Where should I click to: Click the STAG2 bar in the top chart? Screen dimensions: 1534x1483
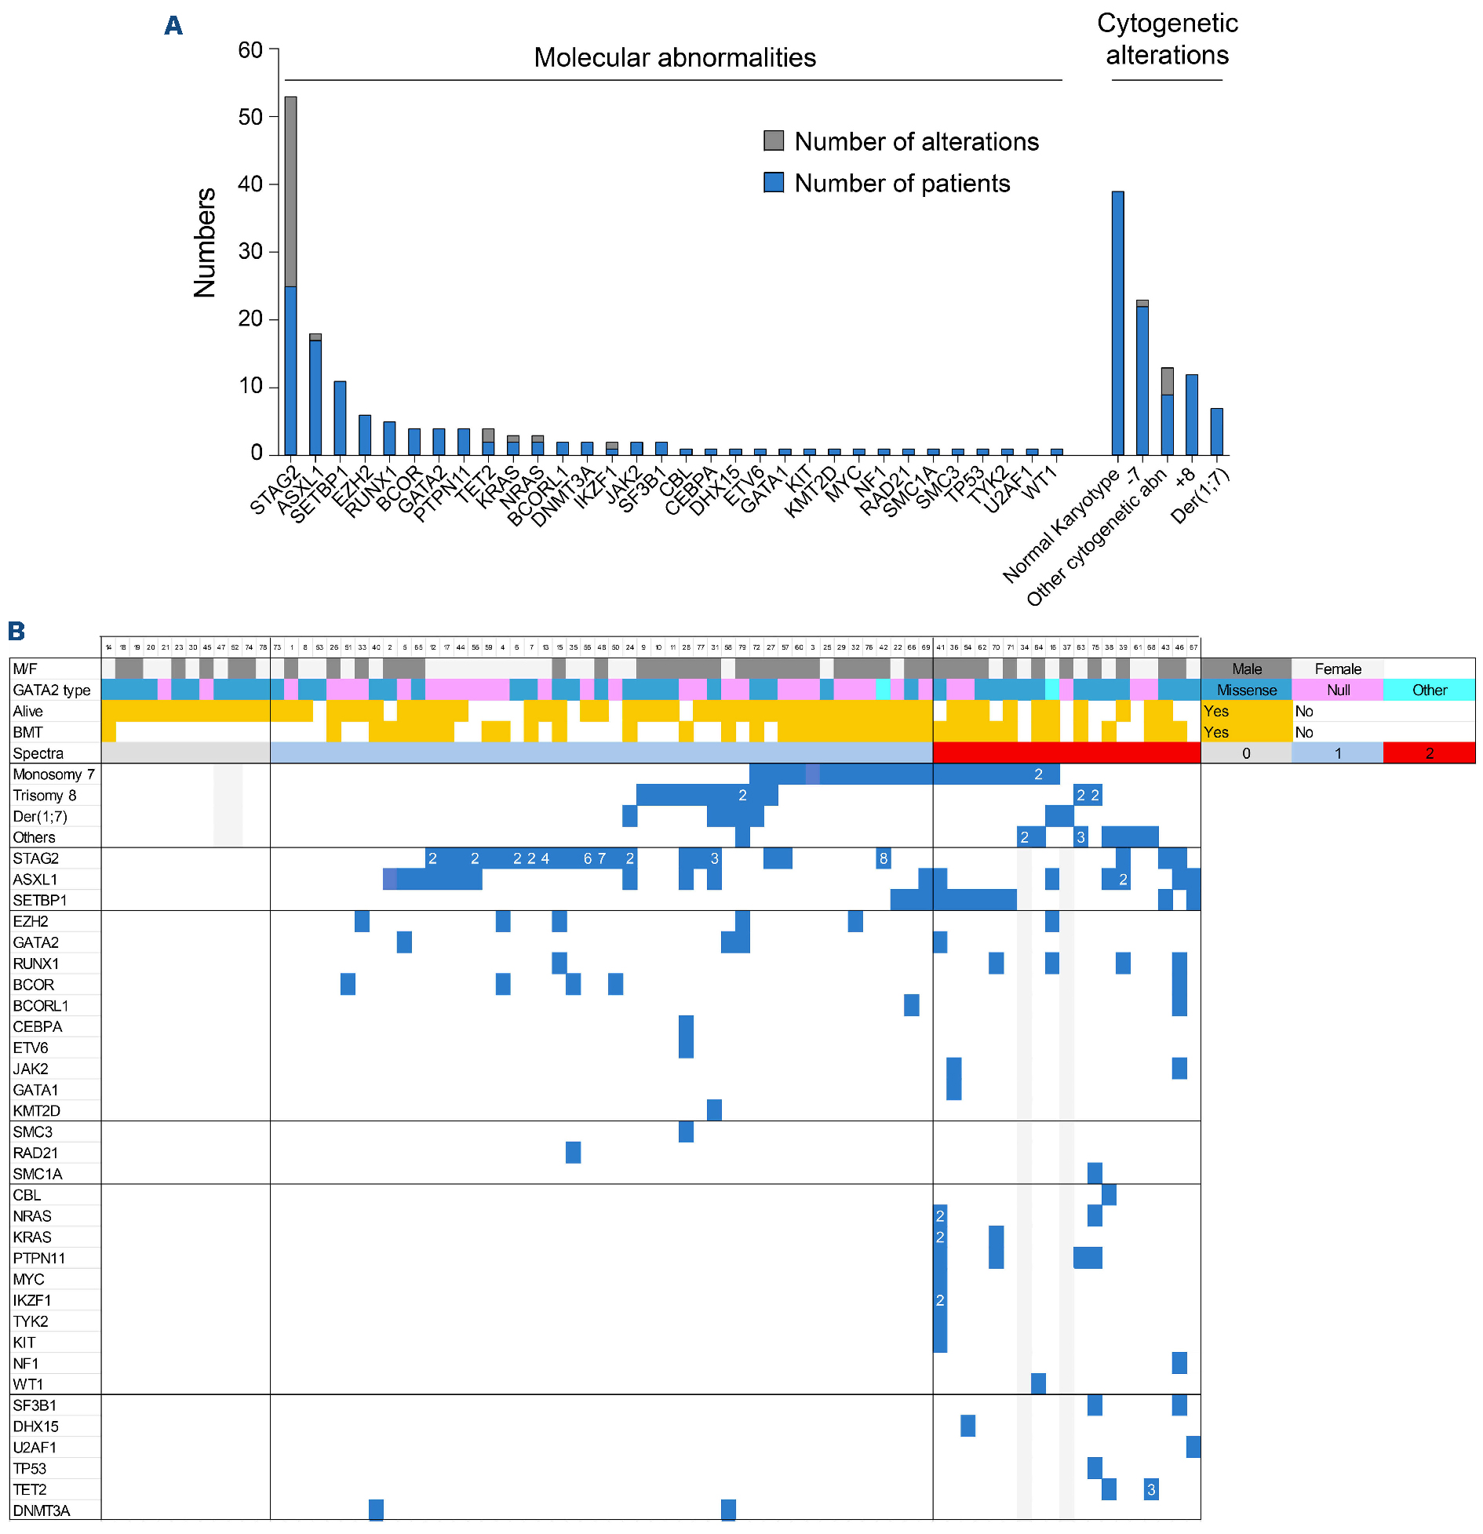290,275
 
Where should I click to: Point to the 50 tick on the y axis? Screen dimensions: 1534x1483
250,117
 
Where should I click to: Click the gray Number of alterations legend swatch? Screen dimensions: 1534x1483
774,141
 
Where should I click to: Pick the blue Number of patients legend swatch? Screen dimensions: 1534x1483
774,183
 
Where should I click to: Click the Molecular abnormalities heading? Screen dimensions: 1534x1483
675,57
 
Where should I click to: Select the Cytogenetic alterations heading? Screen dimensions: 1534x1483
1167,39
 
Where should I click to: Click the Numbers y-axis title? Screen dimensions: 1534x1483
205,243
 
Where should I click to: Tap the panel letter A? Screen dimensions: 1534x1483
173,26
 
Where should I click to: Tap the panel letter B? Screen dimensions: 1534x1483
16,631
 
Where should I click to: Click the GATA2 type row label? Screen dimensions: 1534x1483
52,690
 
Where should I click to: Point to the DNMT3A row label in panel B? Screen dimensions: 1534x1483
42,1510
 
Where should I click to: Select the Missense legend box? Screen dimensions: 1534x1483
1246,690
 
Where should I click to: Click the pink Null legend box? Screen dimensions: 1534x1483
1338,690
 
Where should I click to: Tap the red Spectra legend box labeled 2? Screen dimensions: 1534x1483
1429,753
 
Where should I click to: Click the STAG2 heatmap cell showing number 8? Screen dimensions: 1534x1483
884,858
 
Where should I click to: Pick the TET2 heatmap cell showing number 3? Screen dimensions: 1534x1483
1151,1489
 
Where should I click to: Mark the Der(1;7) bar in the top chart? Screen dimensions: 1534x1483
1216,432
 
